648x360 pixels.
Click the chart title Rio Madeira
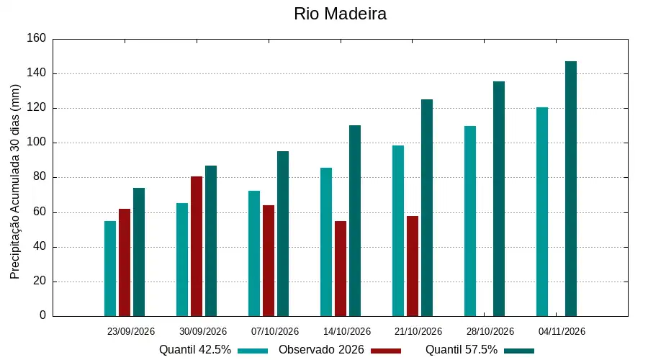(340, 14)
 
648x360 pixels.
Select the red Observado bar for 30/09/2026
(197, 246)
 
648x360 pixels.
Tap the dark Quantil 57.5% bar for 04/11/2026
(571, 189)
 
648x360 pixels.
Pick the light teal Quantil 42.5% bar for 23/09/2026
(110, 269)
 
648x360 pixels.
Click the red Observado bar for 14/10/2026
(341, 269)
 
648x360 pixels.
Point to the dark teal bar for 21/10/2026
(427, 208)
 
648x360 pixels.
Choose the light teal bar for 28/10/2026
(470, 221)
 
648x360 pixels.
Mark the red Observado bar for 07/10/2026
(269, 261)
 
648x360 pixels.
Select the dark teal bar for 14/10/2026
(355, 221)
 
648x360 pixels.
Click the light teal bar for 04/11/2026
(542, 212)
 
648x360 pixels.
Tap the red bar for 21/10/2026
(413, 266)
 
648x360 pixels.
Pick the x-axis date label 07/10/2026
(275, 331)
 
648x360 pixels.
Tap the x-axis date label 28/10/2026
(490, 331)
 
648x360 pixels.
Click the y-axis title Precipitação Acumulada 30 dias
(15, 182)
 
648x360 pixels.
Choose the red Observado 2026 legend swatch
(386, 351)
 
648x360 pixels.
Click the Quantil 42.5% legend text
(195, 350)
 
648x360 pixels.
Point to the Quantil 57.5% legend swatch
(519, 351)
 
